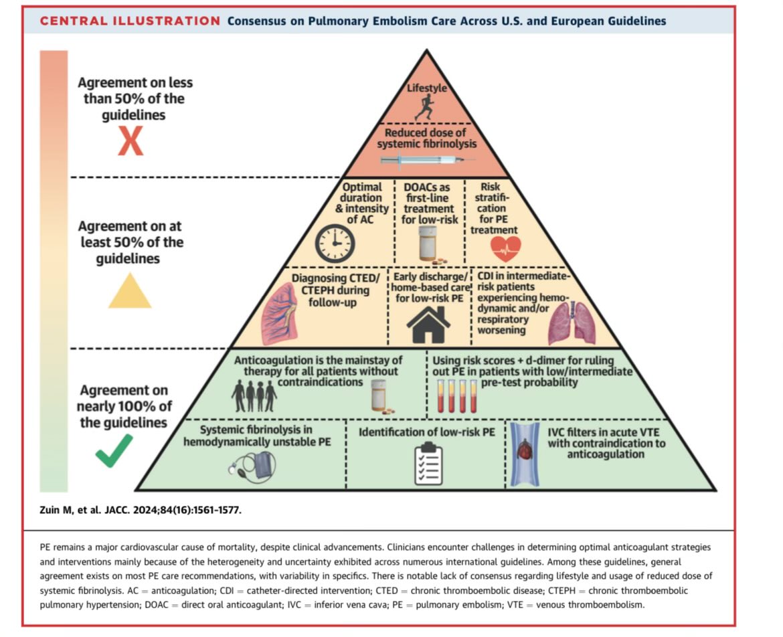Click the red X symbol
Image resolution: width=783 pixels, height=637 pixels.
point(130,143)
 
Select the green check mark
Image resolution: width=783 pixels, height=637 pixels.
point(114,450)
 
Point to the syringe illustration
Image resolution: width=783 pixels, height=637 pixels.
point(427,160)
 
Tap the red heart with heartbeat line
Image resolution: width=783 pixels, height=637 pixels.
point(505,249)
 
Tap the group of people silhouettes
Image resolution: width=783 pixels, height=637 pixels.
point(254,395)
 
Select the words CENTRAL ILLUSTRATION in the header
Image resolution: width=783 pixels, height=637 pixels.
point(130,21)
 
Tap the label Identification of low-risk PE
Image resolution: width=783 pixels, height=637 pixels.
point(427,433)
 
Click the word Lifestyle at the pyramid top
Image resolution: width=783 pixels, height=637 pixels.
point(427,88)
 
